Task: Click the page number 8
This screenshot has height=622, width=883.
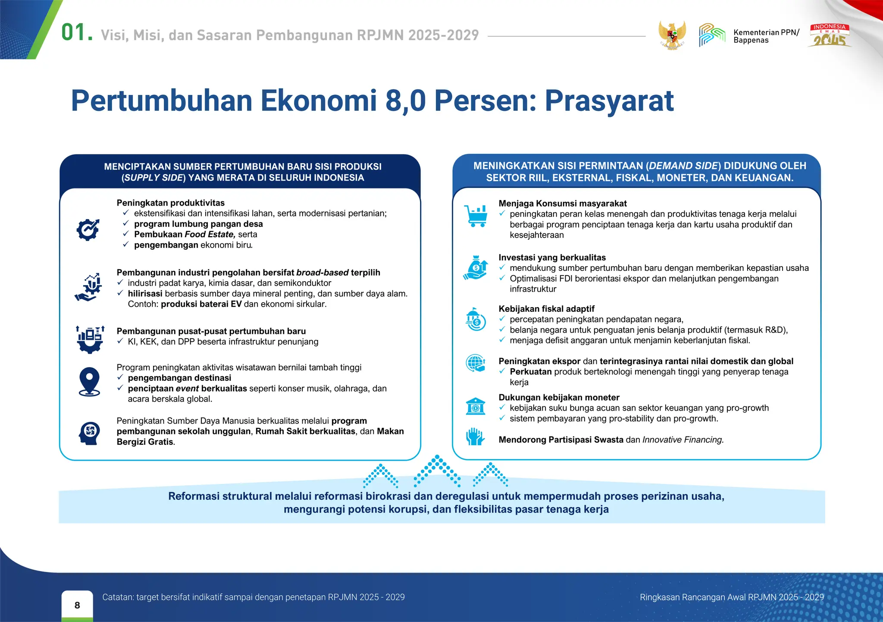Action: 77,605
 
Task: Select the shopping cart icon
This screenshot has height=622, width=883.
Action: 476,216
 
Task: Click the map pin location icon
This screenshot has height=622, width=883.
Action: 89,381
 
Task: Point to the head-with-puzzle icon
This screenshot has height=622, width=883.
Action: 89,433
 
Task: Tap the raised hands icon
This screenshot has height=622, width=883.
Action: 475,437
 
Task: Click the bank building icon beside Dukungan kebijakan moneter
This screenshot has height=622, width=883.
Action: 475,406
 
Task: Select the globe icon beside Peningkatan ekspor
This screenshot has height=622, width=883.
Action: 475,363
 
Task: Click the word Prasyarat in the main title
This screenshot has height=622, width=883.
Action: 609,101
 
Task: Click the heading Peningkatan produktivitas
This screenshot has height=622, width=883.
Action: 170,203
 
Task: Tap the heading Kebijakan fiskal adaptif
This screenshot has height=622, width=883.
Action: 546,309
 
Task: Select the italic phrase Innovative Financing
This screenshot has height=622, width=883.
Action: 683,440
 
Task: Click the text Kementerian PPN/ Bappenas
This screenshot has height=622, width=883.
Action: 766,36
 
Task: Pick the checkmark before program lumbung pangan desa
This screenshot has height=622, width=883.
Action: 125,223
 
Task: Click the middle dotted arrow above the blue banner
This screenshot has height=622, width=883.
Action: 437,471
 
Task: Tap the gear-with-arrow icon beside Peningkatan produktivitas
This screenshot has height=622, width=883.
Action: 88,229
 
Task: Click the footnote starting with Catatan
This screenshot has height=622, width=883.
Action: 253,597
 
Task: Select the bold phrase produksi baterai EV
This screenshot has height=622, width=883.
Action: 201,304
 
